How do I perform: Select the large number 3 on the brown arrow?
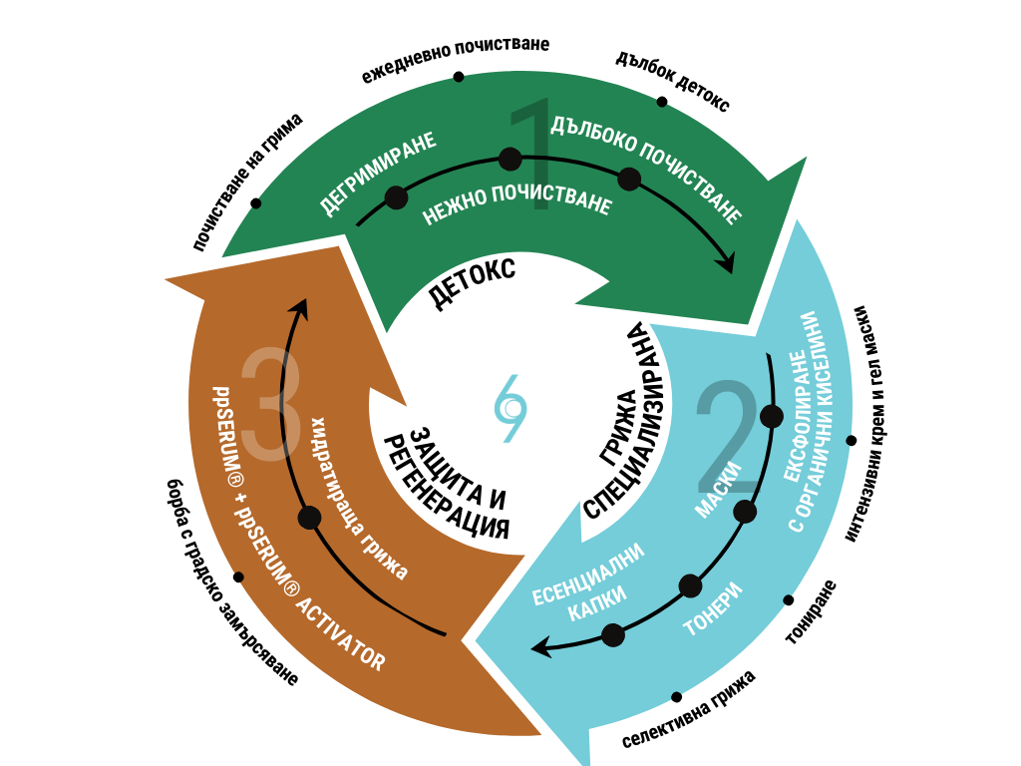click(271, 404)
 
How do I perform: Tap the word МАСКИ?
click(718, 490)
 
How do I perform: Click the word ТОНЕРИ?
click(713, 609)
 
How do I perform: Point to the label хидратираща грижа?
click(360, 498)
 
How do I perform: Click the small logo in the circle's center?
click(510, 407)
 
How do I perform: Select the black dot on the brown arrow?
click(309, 518)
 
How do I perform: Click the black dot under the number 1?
click(510, 159)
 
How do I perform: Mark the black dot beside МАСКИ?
click(745, 512)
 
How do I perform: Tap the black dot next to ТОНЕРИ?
click(690, 585)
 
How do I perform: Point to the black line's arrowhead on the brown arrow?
click(301, 307)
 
